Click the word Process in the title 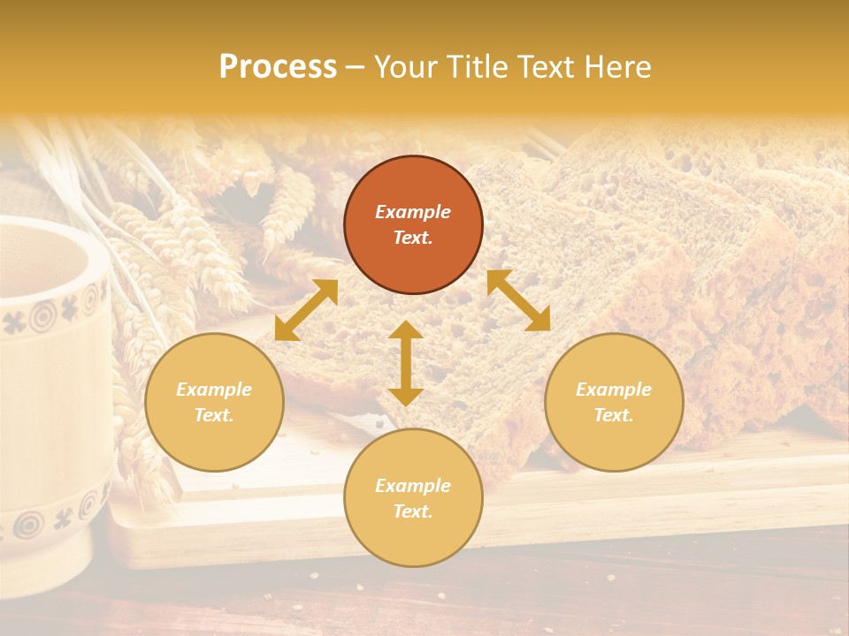pos(278,67)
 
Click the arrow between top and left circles pos(306,310)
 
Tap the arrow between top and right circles pos(518,300)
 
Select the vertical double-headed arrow pos(406,363)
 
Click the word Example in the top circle pos(413,212)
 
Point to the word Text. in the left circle pos(214,415)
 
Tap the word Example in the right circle pos(614,390)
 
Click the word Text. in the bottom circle pos(413,511)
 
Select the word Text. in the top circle pos(413,238)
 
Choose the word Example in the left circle pos(214,390)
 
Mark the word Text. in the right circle pos(614,415)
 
